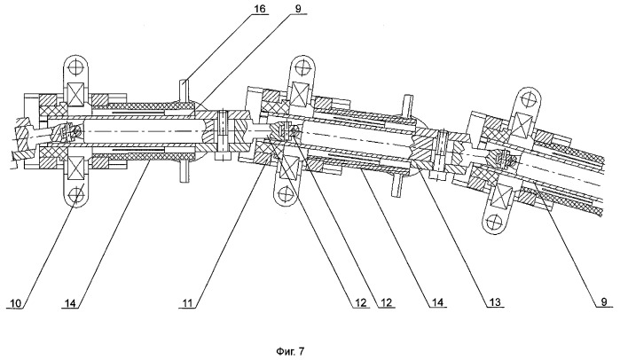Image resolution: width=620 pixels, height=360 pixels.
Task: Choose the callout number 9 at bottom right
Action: point(601,301)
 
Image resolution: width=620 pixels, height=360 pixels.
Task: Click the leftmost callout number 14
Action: point(71,301)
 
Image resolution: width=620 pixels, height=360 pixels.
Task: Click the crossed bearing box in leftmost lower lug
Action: point(75,168)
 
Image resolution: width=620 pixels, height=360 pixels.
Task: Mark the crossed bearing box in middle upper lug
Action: point(301,95)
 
